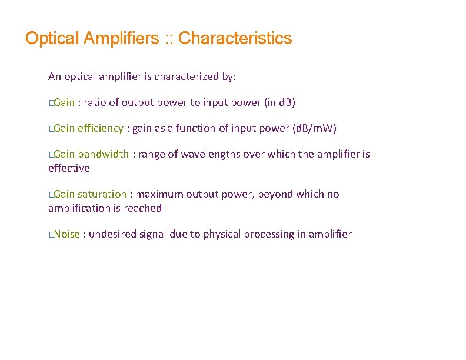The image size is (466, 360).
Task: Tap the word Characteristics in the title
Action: click(x=235, y=39)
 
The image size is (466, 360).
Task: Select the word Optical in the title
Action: click(x=52, y=39)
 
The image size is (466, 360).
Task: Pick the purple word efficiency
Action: click(x=101, y=128)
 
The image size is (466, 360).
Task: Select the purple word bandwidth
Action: click(x=104, y=154)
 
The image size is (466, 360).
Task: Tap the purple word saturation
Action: click(x=102, y=194)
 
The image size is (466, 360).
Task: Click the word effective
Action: click(x=69, y=168)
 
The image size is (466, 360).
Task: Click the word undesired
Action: click(x=113, y=234)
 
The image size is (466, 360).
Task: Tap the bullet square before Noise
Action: click(x=51, y=235)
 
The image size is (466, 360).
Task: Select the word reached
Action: click(x=142, y=208)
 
